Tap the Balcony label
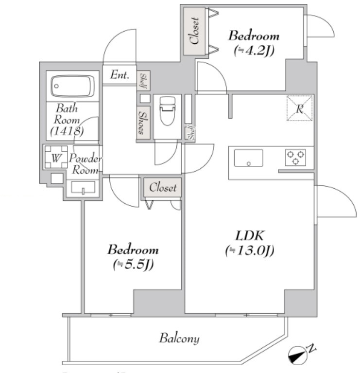[179, 338]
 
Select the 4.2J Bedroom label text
[254, 42]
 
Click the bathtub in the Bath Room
[72, 87]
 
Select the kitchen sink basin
[248, 158]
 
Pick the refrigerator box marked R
[299, 108]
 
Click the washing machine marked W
[55, 158]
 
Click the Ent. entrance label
[120, 75]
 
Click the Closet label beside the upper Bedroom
[195, 31]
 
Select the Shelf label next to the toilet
[191, 133]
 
